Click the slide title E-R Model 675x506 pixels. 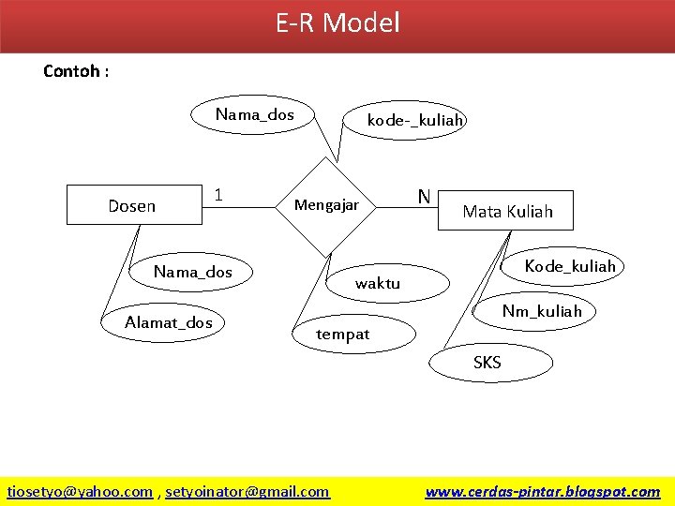(x=337, y=22)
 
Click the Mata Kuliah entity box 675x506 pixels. (x=507, y=211)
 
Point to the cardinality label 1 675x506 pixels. (x=217, y=195)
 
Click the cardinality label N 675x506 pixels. (x=424, y=196)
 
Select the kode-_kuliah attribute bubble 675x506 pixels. (x=414, y=120)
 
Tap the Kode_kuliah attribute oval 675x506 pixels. (x=569, y=266)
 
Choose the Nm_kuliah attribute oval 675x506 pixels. (x=541, y=311)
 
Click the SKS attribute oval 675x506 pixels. (x=487, y=363)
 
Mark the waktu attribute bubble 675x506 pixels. (x=378, y=282)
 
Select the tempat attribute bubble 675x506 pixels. (x=343, y=334)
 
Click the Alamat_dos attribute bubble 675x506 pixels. (x=169, y=322)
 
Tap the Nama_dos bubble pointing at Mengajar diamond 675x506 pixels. (x=255, y=115)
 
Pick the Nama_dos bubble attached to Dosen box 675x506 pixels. (x=193, y=272)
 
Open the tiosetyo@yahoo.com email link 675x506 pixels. (x=80, y=491)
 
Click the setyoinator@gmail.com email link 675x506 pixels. (x=247, y=491)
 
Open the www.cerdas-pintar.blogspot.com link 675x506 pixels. (x=542, y=491)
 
